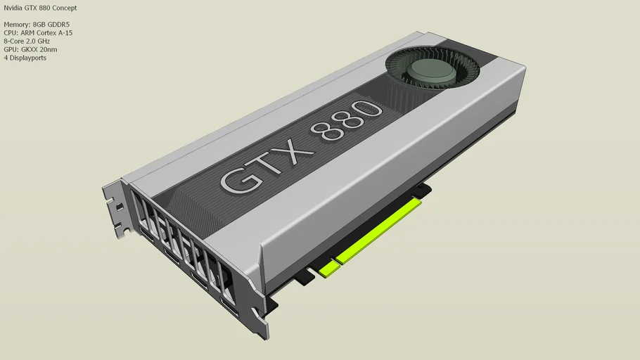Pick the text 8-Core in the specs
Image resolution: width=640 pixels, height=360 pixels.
(x=14, y=41)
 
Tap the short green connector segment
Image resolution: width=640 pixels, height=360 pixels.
(x=328, y=269)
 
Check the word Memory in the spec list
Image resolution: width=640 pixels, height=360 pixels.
(x=17, y=25)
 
